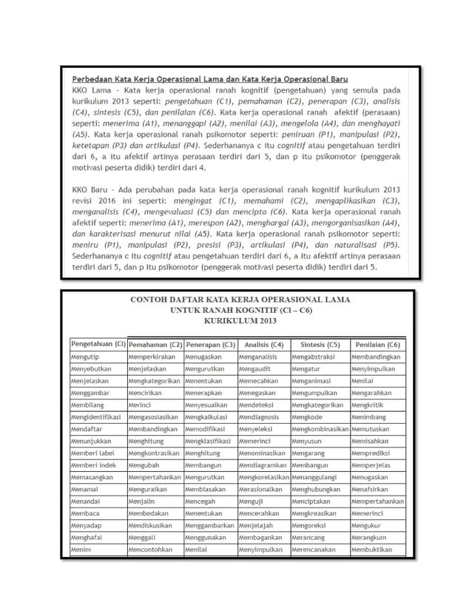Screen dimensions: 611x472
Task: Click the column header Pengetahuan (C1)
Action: tap(97, 345)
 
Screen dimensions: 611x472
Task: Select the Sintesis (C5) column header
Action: tap(319, 345)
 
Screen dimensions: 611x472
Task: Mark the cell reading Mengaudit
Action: tap(256, 370)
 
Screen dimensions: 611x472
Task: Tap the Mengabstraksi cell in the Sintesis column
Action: tap(317, 357)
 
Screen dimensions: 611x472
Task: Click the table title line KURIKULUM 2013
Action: tap(235, 322)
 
